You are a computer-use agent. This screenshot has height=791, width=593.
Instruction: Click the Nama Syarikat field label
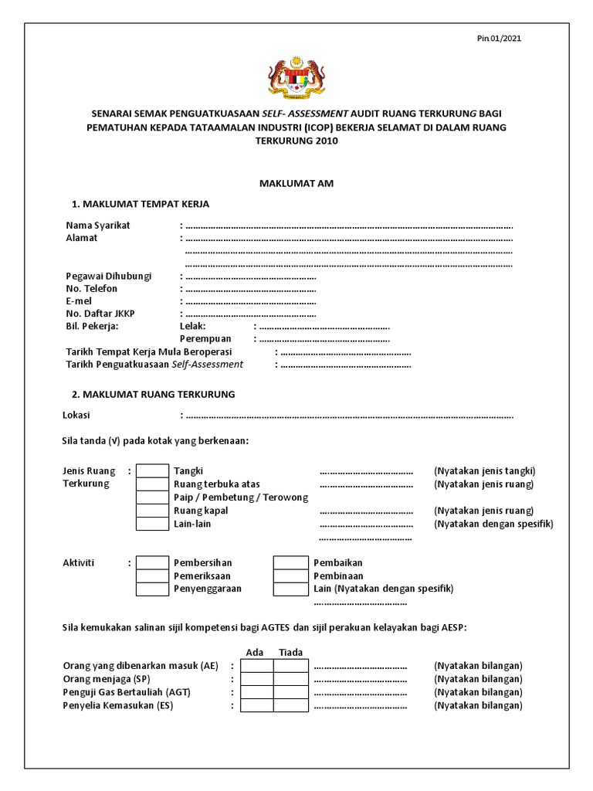pyautogui.click(x=98, y=225)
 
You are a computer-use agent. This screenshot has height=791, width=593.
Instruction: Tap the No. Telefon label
pyautogui.click(x=92, y=288)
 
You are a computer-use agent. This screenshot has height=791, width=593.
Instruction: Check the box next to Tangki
pyautogui.click(x=152, y=471)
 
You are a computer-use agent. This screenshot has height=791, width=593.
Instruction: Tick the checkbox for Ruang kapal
pyautogui.click(x=152, y=511)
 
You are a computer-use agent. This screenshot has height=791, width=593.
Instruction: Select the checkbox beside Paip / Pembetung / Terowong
pyautogui.click(x=152, y=497)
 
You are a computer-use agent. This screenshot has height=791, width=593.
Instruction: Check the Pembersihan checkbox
pyautogui.click(x=152, y=563)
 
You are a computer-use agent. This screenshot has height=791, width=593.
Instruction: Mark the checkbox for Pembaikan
pyautogui.click(x=290, y=563)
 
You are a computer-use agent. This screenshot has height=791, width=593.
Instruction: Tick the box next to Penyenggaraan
pyautogui.click(x=152, y=589)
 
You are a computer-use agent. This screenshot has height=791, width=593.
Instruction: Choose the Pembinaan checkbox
pyautogui.click(x=290, y=576)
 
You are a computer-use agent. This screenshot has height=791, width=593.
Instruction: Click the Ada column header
pyautogui.click(x=255, y=653)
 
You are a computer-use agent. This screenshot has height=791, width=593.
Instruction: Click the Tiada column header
pyautogui.click(x=290, y=653)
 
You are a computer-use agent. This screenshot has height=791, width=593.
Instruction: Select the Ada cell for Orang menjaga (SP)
pyautogui.click(x=256, y=679)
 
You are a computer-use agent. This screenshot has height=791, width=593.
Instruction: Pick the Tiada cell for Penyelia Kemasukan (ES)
pyautogui.click(x=291, y=705)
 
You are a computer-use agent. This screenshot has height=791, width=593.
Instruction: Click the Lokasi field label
pyautogui.click(x=76, y=415)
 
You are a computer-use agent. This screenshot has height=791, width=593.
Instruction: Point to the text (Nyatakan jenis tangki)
pyautogui.click(x=484, y=471)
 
